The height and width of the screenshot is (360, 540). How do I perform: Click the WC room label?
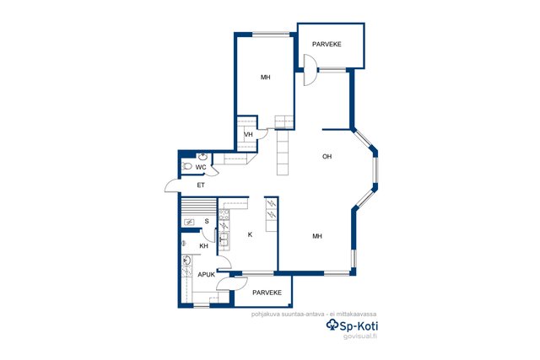point(201,167)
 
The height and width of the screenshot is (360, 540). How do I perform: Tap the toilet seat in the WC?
point(187,167)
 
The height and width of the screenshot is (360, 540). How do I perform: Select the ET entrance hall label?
point(201,185)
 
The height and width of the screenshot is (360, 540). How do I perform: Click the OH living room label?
point(327,157)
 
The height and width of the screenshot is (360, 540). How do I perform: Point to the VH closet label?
point(248,135)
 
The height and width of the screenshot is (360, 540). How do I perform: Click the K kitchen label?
point(251,234)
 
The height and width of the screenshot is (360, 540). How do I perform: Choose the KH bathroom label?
point(204,246)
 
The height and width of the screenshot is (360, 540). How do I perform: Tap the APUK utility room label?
point(206,275)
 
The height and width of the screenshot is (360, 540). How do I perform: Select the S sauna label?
point(207,221)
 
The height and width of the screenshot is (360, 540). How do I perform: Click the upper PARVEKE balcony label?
point(327,45)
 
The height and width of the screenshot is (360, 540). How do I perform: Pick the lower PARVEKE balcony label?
point(267,293)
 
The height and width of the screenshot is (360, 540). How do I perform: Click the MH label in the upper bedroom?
point(265,78)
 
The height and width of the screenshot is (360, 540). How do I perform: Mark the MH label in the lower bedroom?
point(317,236)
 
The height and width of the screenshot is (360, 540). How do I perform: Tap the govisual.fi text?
point(360,336)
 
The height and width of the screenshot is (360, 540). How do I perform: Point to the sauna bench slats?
point(199,207)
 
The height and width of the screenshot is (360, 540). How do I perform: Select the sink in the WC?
point(202,157)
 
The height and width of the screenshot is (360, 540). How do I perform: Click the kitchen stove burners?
point(224,215)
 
